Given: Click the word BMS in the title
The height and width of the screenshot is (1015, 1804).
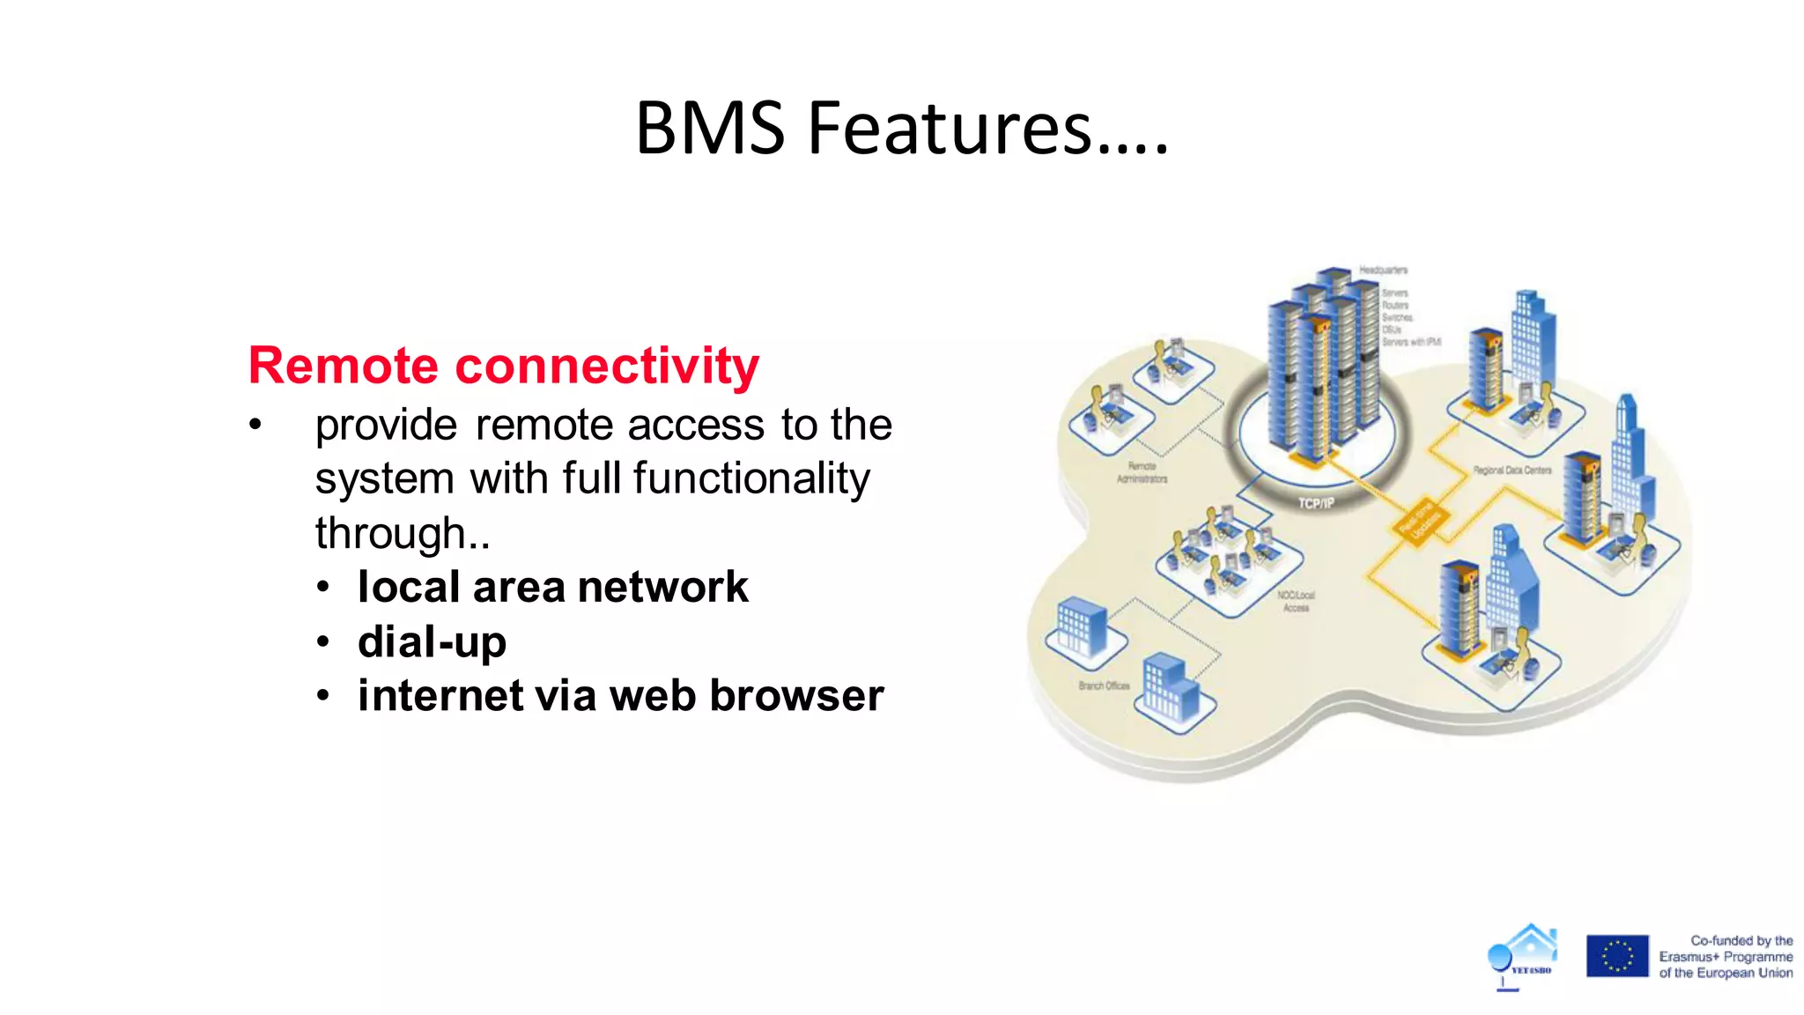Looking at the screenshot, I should pos(709,129).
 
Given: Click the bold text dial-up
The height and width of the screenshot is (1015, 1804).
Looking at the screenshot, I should pos(432,642).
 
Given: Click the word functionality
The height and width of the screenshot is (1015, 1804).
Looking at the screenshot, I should pos(751,478).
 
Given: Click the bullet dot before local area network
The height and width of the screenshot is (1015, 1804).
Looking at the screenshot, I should pos(323,588).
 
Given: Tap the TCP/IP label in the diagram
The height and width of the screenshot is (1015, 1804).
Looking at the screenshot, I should pos(1316,503).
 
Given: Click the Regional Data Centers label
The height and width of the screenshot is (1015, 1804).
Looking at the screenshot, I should pos(1512,470).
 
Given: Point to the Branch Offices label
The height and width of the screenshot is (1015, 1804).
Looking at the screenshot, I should pos(1104,685).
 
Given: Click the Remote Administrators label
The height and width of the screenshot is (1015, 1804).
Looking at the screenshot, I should pos(1142,472).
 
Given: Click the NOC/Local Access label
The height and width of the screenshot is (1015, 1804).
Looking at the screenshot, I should pos(1296,601).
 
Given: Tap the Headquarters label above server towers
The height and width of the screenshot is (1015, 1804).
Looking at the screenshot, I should pos(1383,270).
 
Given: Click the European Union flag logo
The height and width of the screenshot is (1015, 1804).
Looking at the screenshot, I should pos(1617,956).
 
